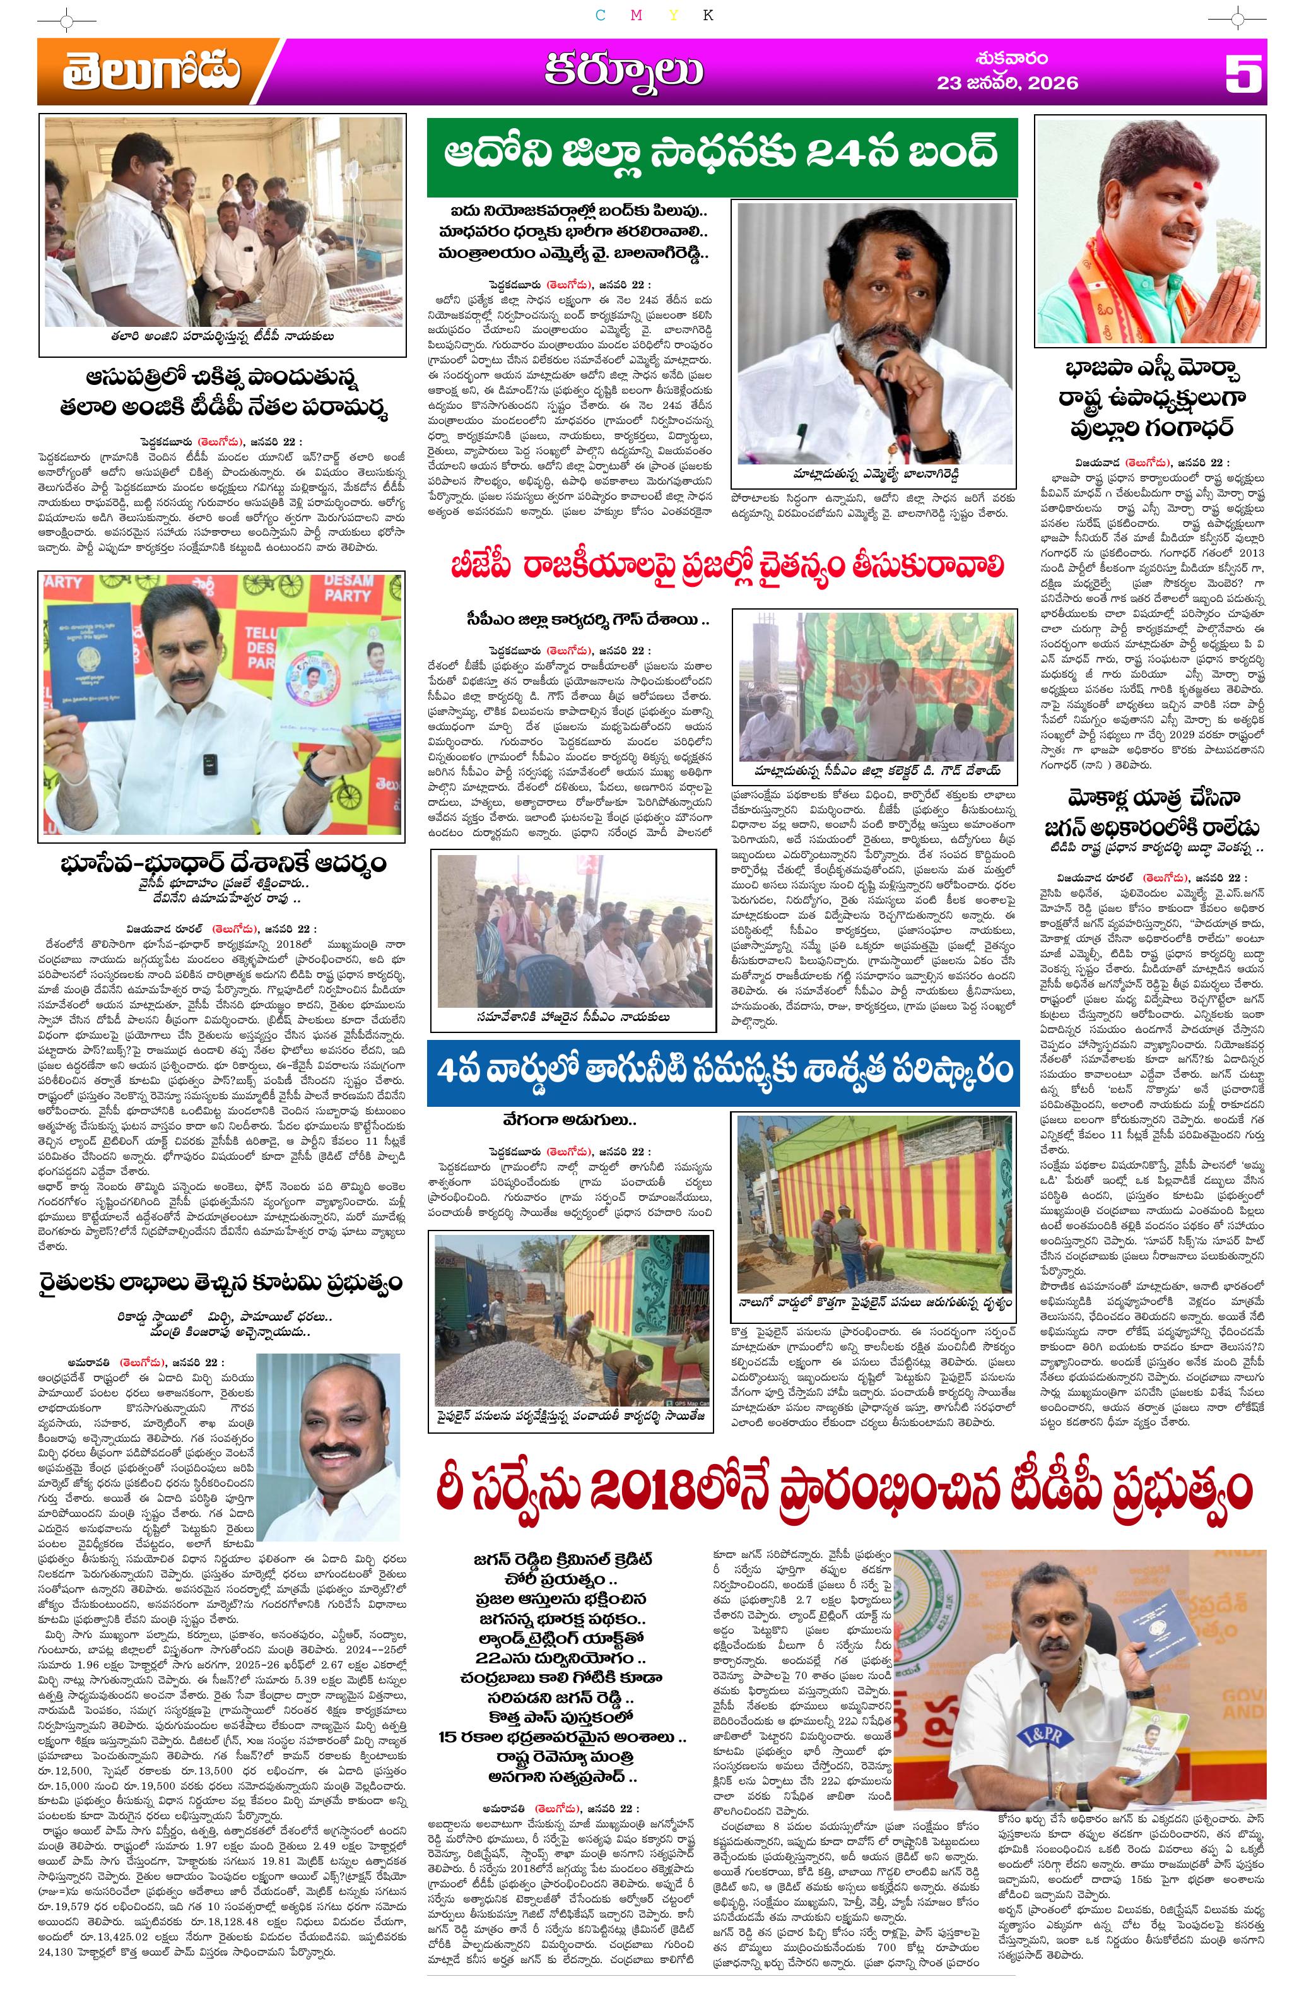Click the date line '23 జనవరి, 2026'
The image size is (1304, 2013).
[1006, 83]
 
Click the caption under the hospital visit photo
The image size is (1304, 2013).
[221, 336]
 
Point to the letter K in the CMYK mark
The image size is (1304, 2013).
[708, 15]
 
